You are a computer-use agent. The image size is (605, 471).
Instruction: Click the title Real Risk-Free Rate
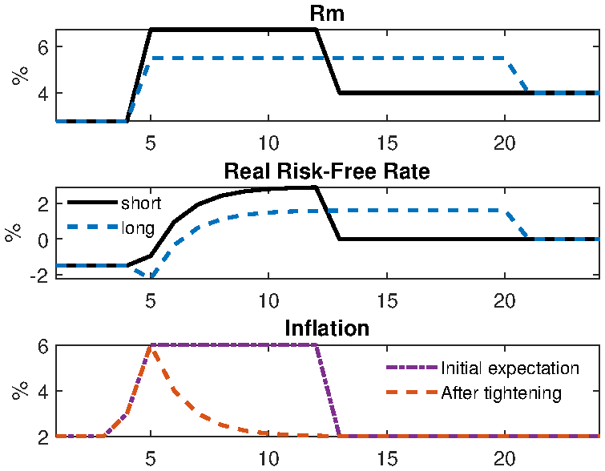click(x=328, y=171)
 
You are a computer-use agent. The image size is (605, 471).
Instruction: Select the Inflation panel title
click(x=328, y=329)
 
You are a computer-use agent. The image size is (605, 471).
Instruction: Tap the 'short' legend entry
click(x=140, y=203)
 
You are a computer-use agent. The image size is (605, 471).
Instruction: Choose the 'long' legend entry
click(x=137, y=228)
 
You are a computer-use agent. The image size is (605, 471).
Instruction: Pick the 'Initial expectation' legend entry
click(x=510, y=368)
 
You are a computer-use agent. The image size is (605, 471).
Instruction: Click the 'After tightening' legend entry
click(x=501, y=392)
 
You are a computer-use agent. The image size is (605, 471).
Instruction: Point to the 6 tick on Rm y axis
click(x=44, y=46)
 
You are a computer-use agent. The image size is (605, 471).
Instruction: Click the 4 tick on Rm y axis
click(x=44, y=93)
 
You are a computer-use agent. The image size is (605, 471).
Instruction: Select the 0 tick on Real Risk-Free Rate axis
click(x=44, y=240)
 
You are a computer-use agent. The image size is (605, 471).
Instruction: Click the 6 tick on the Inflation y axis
click(x=44, y=346)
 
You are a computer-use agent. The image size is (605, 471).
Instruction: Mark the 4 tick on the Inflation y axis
click(x=44, y=392)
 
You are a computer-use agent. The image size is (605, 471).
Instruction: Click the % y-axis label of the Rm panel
click(x=18, y=75)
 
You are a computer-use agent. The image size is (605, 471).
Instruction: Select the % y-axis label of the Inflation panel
click(x=18, y=392)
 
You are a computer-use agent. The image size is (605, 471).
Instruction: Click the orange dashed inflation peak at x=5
click(x=151, y=347)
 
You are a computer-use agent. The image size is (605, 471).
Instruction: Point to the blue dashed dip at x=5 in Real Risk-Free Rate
click(x=151, y=276)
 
